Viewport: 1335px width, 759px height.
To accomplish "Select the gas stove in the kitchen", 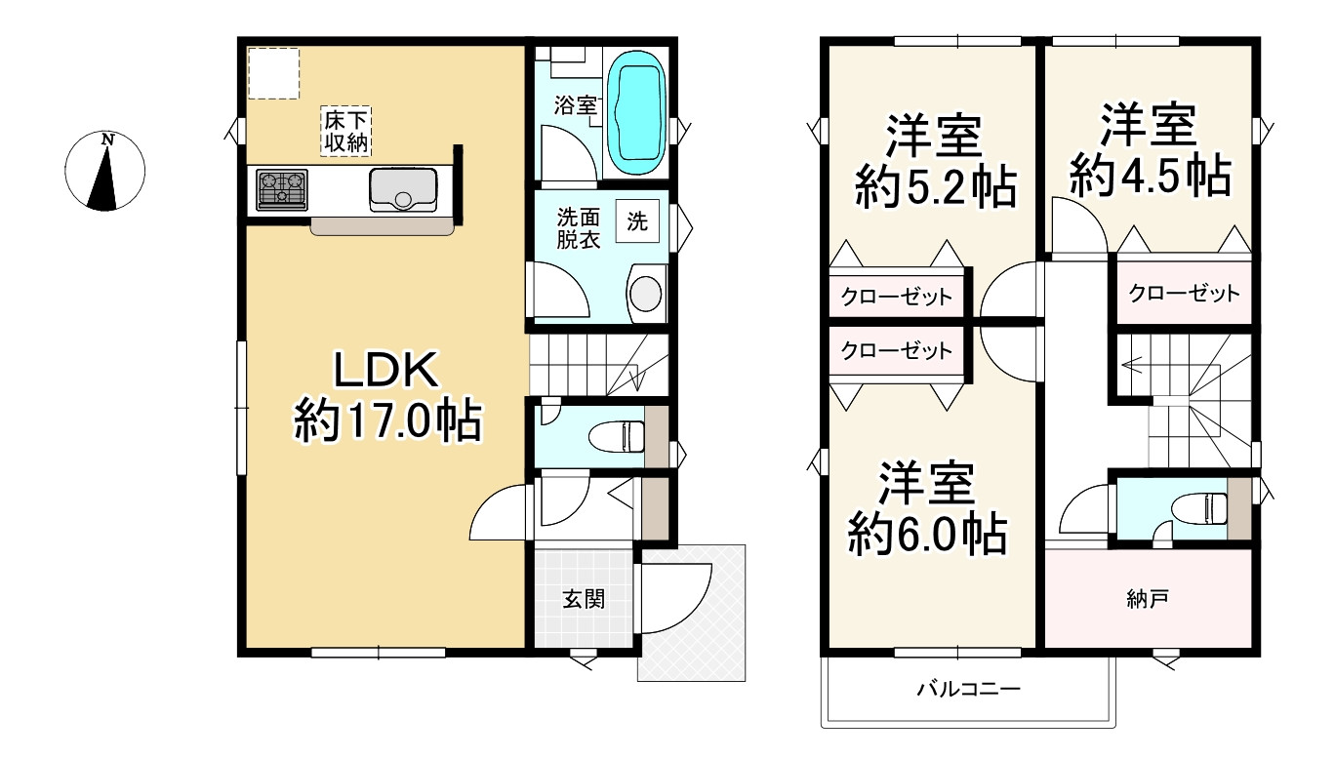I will [x=282, y=188].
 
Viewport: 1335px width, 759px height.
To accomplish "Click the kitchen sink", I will [x=402, y=188].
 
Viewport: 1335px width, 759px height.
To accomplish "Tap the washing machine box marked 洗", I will [x=637, y=221].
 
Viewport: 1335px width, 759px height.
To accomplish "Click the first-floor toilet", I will [x=619, y=432].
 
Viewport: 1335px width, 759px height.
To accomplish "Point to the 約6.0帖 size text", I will [x=927, y=535].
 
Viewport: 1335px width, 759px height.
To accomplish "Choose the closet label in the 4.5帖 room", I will [x=1184, y=293].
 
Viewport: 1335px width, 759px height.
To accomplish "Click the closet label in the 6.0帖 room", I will [x=896, y=351].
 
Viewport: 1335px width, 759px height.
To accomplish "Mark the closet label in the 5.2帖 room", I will [x=896, y=297].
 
